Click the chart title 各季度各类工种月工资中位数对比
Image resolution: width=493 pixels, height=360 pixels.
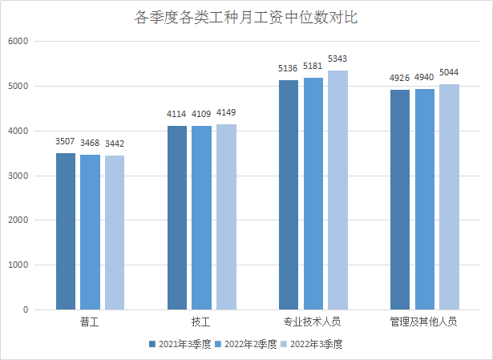coord(246,18)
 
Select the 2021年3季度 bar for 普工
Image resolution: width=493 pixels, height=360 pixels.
coord(66,231)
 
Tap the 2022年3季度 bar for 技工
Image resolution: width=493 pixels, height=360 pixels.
coord(226,216)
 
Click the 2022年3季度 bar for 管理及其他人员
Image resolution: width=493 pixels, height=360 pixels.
coord(449,196)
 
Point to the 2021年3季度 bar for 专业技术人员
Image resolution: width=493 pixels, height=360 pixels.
coord(289,195)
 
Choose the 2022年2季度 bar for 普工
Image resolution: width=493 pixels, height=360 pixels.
coord(90,232)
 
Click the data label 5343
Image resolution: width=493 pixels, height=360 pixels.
coord(337,59)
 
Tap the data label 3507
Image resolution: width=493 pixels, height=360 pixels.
coord(66,141)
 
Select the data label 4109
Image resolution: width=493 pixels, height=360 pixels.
coord(201,115)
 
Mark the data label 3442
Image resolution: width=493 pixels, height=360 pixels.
coord(115,144)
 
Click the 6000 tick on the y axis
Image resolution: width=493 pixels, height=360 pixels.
coord(18,41)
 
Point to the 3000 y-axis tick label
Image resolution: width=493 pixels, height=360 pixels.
coord(18,176)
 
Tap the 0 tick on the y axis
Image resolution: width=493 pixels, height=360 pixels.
coord(25,309)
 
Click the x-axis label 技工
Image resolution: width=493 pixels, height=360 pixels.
coord(201,322)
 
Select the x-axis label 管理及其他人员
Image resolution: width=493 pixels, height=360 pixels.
coord(424,322)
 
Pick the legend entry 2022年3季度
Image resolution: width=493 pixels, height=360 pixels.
coord(316,344)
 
